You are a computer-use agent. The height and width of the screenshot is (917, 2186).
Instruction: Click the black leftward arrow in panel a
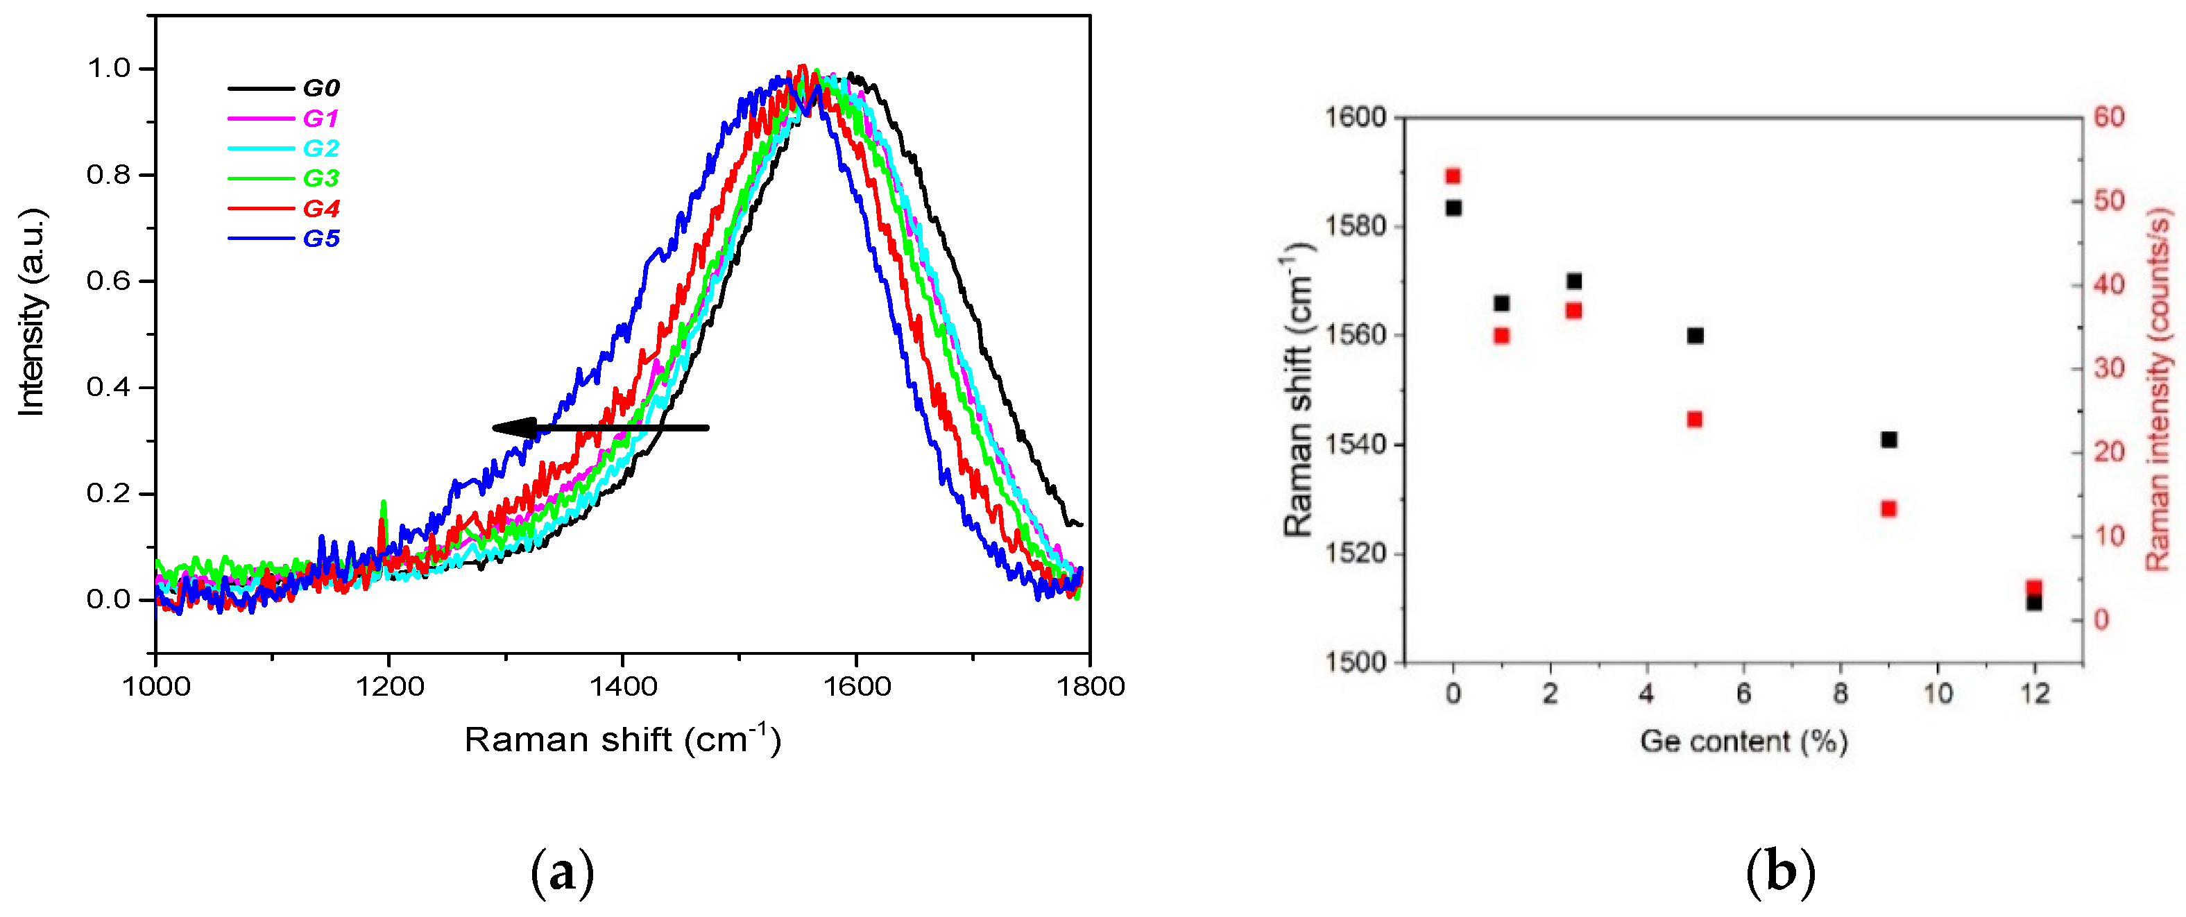coord(600,427)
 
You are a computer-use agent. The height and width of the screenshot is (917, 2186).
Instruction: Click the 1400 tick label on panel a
coord(622,686)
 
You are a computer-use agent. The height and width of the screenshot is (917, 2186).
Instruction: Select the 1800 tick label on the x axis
coord(1090,686)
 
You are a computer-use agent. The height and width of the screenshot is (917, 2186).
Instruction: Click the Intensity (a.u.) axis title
coord(31,313)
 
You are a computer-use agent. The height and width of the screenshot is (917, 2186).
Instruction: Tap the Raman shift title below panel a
coord(622,739)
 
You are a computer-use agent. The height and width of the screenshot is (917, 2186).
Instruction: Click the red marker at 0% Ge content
coord(1453,176)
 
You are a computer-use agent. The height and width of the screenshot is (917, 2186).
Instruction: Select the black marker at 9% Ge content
coord(1889,439)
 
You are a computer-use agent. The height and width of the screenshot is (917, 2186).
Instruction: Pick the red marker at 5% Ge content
coord(1695,419)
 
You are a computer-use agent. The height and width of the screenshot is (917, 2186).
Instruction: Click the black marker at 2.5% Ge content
coord(1574,281)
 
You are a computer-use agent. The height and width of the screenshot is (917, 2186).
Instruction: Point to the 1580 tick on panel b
coord(1355,225)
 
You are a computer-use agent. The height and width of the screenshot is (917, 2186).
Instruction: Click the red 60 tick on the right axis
coord(2109,117)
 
